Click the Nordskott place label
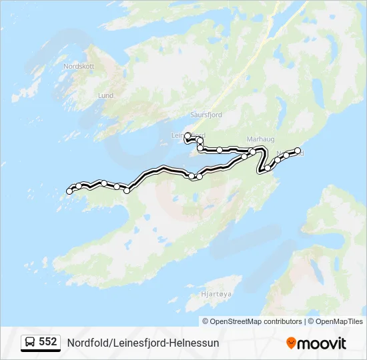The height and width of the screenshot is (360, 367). (x=78, y=67)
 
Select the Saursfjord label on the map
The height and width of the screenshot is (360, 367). (x=206, y=115)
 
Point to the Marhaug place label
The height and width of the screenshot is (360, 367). (x=260, y=139)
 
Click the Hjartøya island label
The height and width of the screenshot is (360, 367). (x=216, y=293)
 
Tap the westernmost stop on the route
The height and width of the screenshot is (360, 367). (x=69, y=191)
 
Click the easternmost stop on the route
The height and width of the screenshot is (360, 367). (x=298, y=151)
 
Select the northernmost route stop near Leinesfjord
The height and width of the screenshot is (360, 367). (x=188, y=135)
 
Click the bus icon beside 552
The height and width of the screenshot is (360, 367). (x=30, y=343)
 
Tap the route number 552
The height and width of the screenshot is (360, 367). (x=48, y=342)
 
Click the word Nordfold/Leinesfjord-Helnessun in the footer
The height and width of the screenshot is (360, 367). (x=143, y=343)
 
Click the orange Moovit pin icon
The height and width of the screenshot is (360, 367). (x=291, y=343)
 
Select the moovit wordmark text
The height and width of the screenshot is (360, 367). (x=322, y=343)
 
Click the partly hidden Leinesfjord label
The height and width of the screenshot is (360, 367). (x=179, y=135)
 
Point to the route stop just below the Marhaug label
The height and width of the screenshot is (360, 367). (x=252, y=152)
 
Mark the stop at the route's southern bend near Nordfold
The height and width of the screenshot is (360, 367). (x=268, y=168)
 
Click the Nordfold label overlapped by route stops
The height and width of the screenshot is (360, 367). (x=291, y=153)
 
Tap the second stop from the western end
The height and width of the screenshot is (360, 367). (x=79, y=186)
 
